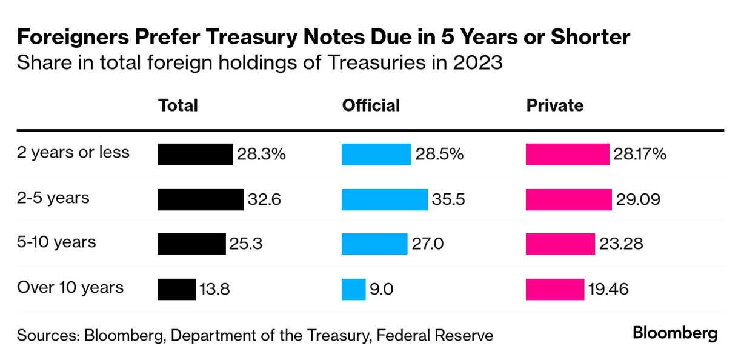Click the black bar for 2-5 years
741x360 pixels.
coord(201,199)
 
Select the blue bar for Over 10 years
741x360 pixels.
coord(353,288)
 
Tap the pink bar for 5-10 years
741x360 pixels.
coord(560,244)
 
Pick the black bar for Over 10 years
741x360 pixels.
coord(176,288)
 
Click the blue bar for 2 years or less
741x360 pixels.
coord(376,154)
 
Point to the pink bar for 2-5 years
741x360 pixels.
coord(568,199)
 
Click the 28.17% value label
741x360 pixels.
coord(640,154)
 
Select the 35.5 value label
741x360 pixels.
coord(449,199)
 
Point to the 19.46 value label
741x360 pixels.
coord(608,289)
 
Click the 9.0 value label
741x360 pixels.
coord(382,289)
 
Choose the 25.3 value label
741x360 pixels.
coord(246,244)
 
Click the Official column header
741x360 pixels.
coord(371,105)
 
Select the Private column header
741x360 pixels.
coord(554,105)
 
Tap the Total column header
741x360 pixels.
coord(178,105)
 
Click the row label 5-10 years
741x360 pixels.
coord(57,242)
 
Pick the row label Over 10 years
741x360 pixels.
coord(70,287)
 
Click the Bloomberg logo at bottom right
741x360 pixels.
coord(675,333)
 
